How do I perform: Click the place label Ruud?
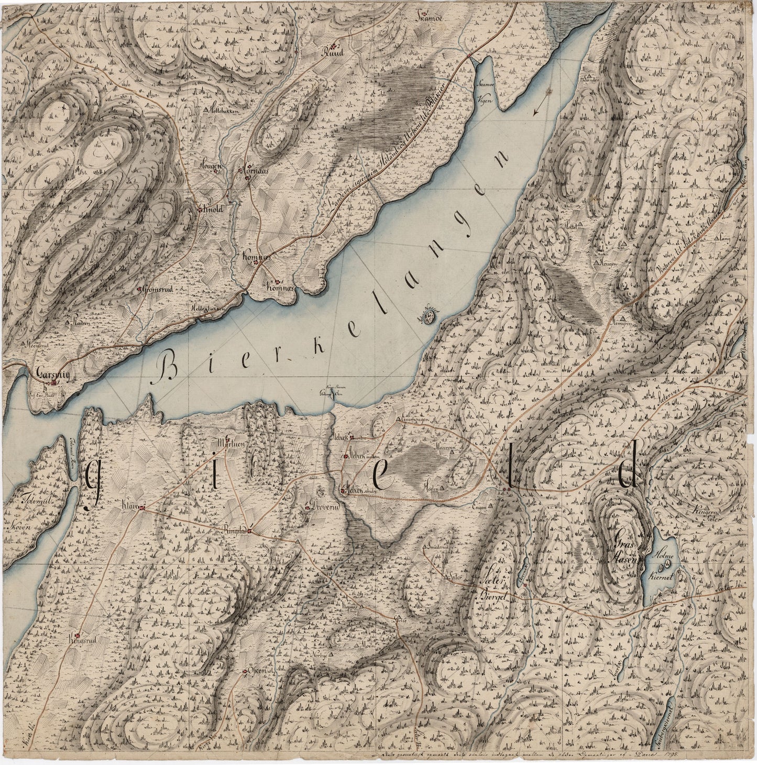tap(333, 52)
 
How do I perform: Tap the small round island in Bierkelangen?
tap(431, 316)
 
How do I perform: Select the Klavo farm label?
tap(129, 507)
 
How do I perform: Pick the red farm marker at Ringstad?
tap(250, 532)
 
